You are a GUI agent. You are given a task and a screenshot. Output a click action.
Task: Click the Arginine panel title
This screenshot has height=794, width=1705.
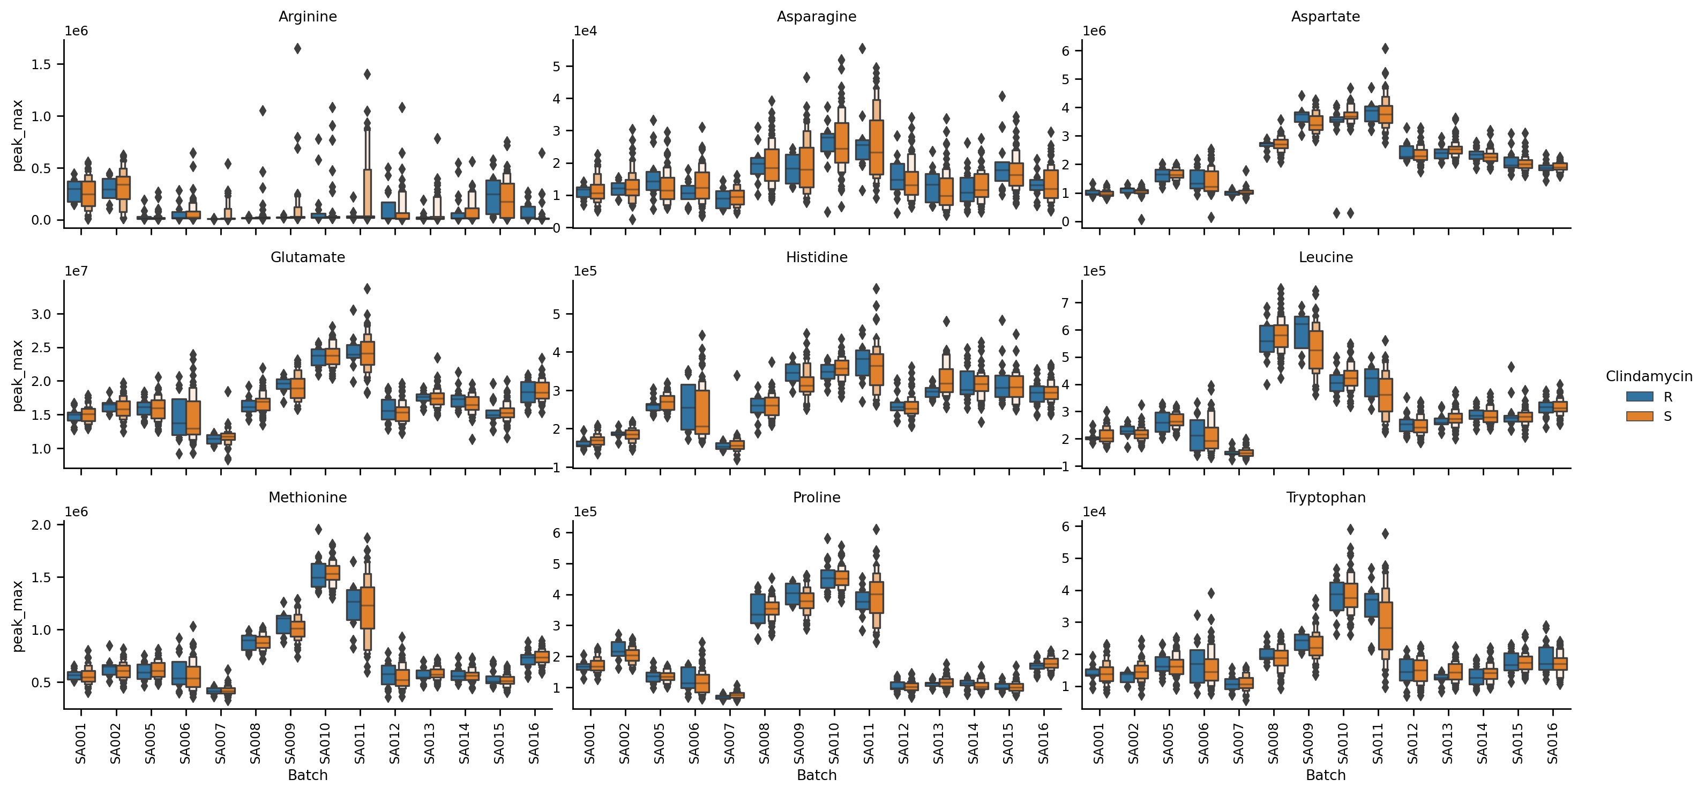click(x=307, y=17)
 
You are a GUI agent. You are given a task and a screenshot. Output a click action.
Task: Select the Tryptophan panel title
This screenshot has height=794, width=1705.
click(x=1325, y=498)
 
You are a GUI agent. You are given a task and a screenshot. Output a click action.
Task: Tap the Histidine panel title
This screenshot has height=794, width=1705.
click(x=816, y=257)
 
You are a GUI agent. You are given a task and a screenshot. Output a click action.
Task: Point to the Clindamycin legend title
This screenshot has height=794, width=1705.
click(x=1649, y=377)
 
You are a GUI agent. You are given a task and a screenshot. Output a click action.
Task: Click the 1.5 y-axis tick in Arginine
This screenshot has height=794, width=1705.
click(x=46, y=64)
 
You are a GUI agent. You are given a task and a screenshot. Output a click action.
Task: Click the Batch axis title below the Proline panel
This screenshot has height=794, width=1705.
click(x=816, y=775)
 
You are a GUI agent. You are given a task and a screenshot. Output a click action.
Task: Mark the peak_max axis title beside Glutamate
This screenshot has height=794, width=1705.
click(x=18, y=375)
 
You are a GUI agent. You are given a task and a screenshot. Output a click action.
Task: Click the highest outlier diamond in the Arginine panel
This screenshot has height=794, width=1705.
click(x=298, y=48)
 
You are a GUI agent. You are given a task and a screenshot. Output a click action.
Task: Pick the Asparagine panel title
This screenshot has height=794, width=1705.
click(x=816, y=17)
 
